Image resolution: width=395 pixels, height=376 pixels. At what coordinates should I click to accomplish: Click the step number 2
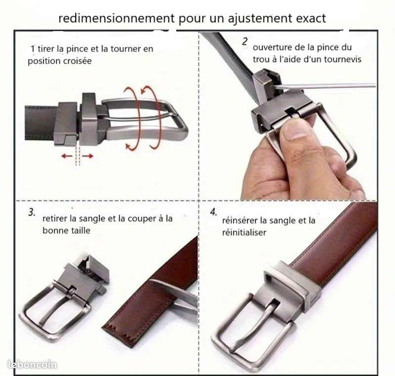click(x=245, y=42)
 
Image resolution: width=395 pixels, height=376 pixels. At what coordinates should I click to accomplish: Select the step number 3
click(x=31, y=213)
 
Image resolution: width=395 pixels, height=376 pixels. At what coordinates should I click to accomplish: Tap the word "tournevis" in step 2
click(x=342, y=59)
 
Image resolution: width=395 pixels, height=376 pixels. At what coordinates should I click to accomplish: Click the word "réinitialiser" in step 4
click(x=245, y=231)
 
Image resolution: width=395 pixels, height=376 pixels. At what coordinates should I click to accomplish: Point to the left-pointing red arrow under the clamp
click(x=67, y=156)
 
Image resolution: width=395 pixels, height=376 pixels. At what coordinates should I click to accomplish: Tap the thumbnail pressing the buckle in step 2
click(x=294, y=131)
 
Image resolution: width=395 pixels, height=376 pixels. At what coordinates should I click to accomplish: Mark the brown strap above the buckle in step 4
click(x=336, y=237)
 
